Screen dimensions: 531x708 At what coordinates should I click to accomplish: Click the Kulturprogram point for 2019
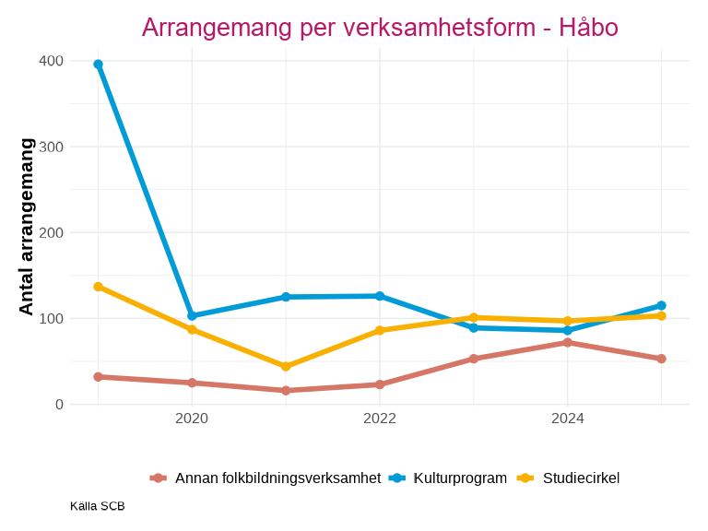[98, 65]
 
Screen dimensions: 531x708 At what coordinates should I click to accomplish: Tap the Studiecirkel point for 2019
[98, 287]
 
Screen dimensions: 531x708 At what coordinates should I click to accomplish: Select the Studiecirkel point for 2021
[286, 367]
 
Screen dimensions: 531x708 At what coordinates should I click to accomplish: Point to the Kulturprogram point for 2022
[380, 296]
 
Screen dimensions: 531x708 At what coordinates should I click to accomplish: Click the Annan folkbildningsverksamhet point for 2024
[567, 342]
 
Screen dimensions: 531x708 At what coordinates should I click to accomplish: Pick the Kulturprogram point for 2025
[661, 305]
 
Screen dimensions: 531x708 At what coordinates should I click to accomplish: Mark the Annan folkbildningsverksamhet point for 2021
[286, 391]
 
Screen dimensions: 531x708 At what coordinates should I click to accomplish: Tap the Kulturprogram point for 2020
[192, 315]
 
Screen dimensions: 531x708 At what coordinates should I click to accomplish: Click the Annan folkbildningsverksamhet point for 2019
[98, 377]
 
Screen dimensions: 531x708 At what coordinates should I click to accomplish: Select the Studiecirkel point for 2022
[380, 330]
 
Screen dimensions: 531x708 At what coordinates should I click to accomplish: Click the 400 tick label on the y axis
[52, 61]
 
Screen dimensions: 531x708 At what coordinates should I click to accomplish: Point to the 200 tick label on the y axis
[52, 232]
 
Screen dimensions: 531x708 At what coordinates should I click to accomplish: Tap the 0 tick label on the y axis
[59, 405]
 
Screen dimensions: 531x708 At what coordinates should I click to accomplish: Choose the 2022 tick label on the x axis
[380, 419]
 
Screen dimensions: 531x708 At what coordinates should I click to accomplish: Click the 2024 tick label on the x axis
[567, 419]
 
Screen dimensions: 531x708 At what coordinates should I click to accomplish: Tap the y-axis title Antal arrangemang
[27, 227]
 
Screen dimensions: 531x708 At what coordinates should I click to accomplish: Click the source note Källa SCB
[97, 506]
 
